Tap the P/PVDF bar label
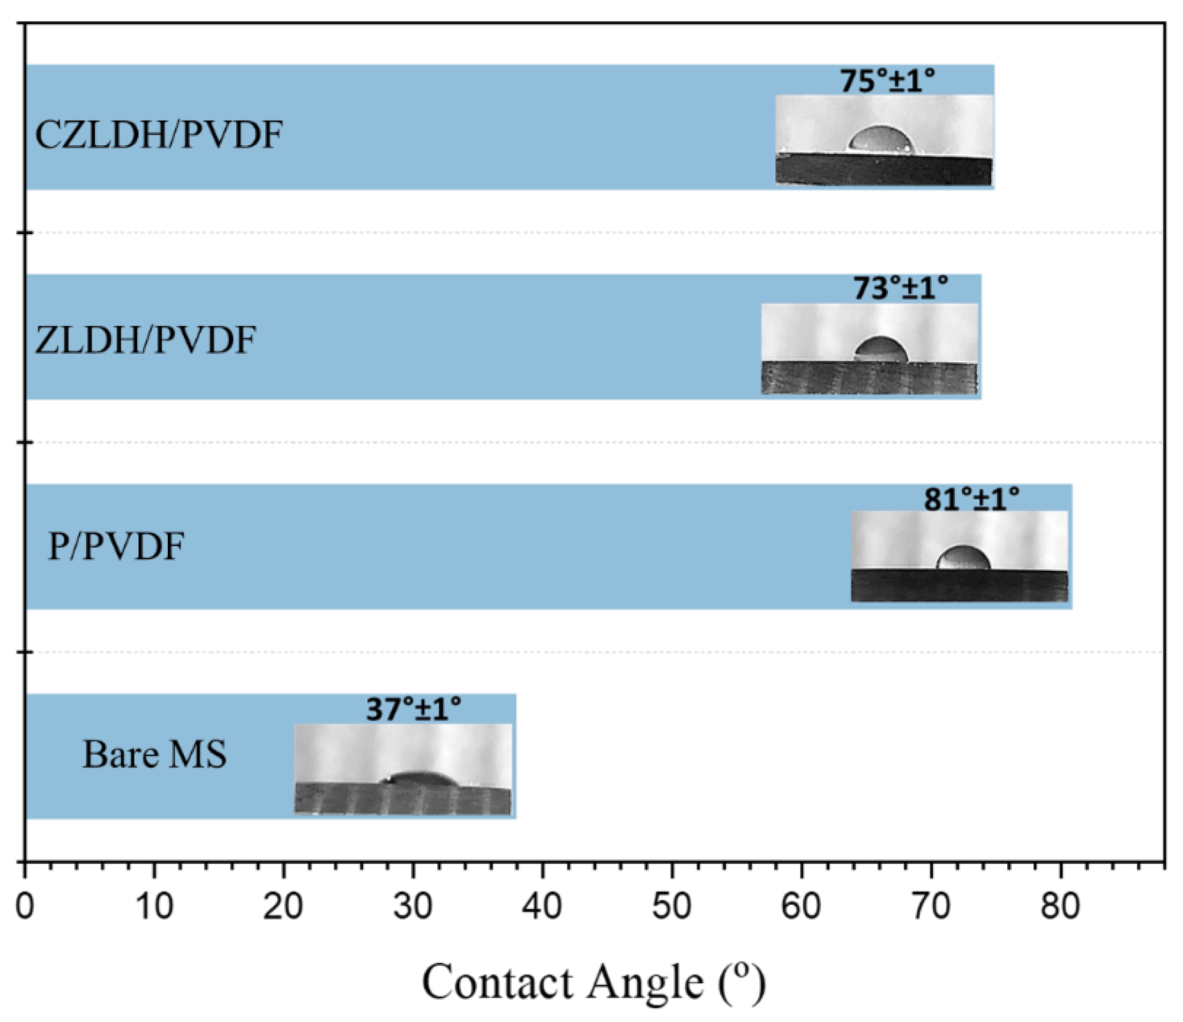click(x=116, y=547)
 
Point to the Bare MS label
click(x=155, y=754)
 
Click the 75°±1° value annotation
click(x=887, y=81)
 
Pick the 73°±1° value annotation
click(x=901, y=288)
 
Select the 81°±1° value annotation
click(x=971, y=499)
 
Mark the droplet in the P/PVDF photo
click(x=964, y=558)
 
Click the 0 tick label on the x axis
click(x=25, y=906)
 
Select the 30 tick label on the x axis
click(x=412, y=906)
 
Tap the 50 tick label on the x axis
click(x=671, y=906)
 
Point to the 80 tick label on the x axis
click(x=1060, y=906)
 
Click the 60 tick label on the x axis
click(x=801, y=906)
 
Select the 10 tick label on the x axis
click(x=154, y=906)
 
